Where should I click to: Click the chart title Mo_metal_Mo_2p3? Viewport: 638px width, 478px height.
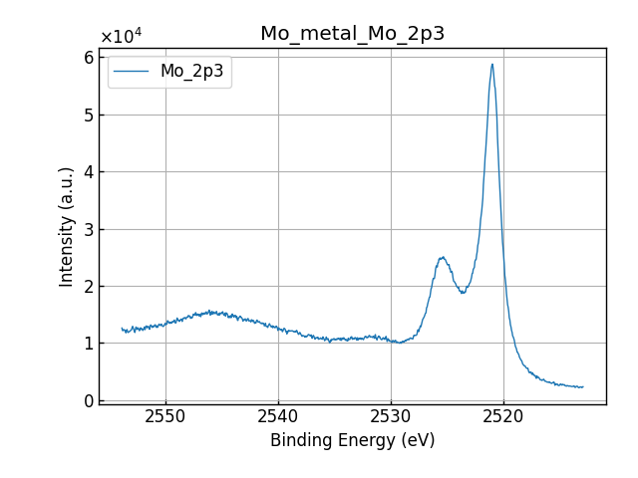(x=352, y=34)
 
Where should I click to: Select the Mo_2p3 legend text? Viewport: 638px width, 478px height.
(x=191, y=72)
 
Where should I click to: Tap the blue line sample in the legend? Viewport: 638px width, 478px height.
(x=133, y=72)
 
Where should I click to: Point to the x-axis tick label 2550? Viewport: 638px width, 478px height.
(x=165, y=415)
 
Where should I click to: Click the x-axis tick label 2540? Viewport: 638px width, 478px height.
(x=278, y=415)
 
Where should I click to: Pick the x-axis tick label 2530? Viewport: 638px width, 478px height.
(x=391, y=415)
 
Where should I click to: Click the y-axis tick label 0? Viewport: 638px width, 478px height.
(x=88, y=400)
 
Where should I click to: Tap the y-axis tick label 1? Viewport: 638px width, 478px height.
(x=88, y=344)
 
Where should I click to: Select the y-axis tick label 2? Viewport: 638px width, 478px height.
(x=88, y=286)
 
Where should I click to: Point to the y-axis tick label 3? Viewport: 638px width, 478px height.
(x=88, y=229)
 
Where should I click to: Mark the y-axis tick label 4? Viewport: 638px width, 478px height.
(x=88, y=172)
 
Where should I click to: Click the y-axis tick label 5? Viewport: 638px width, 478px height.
(x=88, y=115)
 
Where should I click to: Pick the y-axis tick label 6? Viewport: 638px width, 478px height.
(x=88, y=58)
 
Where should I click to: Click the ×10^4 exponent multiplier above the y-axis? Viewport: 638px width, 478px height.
(x=121, y=37)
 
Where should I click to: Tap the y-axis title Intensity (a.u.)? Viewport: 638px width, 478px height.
(x=67, y=226)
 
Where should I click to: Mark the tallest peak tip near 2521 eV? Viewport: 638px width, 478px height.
(x=492, y=65)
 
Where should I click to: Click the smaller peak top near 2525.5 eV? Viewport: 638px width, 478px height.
(x=442, y=257)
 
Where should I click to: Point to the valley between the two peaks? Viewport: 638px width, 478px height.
(x=463, y=292)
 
